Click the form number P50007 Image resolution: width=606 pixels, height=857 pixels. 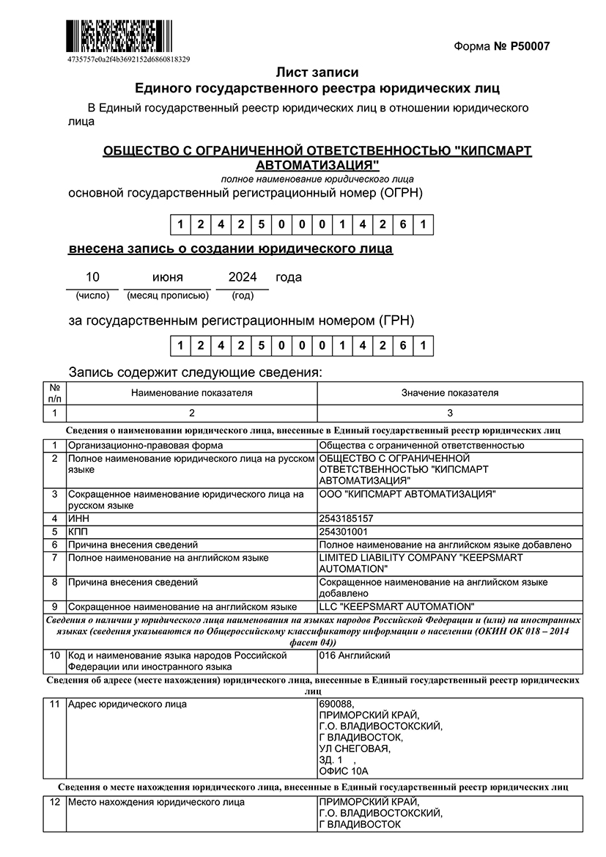coord(501,47)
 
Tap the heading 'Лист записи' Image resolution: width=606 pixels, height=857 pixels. coord(317,73)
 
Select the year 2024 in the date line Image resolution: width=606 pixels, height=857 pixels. coord(243,277)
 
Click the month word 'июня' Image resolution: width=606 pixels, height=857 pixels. coord(168,277)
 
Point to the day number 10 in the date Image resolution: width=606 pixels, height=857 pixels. coord(92,277)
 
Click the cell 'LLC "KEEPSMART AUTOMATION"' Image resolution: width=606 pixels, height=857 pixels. coord(396,606)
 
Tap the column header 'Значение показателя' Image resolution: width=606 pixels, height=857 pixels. coord(450,393)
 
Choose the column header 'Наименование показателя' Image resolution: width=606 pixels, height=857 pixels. coord(192,393)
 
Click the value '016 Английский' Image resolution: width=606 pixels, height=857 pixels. coord(355,655)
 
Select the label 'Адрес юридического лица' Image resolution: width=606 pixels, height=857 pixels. coord(127,705)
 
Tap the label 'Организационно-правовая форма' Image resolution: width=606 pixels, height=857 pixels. coord(145,445)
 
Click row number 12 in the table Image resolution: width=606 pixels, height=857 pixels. coord(54,803)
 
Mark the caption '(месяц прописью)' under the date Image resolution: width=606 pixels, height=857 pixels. coord(168,295)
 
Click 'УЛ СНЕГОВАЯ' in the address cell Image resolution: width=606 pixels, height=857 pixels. coord(355,749)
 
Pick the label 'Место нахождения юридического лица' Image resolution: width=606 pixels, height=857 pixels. coord(156,803)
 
